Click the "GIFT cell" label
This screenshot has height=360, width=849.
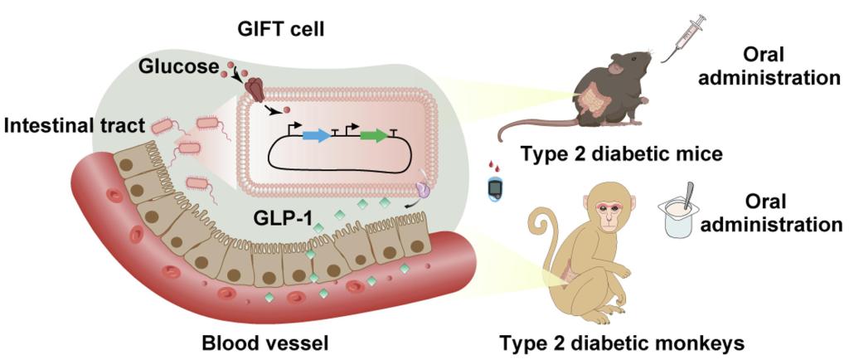click(x=281, y=28)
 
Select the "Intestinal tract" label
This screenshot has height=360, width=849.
click(x=74, y=127)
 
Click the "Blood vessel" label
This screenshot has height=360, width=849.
click(x=264, y=343)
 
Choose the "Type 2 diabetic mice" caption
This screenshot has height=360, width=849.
click(x=621, y=154)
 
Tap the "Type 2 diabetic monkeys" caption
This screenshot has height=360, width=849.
click(x=622, y=343)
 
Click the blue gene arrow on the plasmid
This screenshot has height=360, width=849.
click(x=317, y=136)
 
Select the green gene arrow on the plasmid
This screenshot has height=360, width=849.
click(x=374, y=136)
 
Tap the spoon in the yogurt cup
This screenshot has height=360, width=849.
click(x=689, y=196)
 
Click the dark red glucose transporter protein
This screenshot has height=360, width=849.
click(x=256, y=90)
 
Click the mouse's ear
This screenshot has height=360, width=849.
click(x=616, y=68)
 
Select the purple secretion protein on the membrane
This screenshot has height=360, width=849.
click(x=423, y=189)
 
